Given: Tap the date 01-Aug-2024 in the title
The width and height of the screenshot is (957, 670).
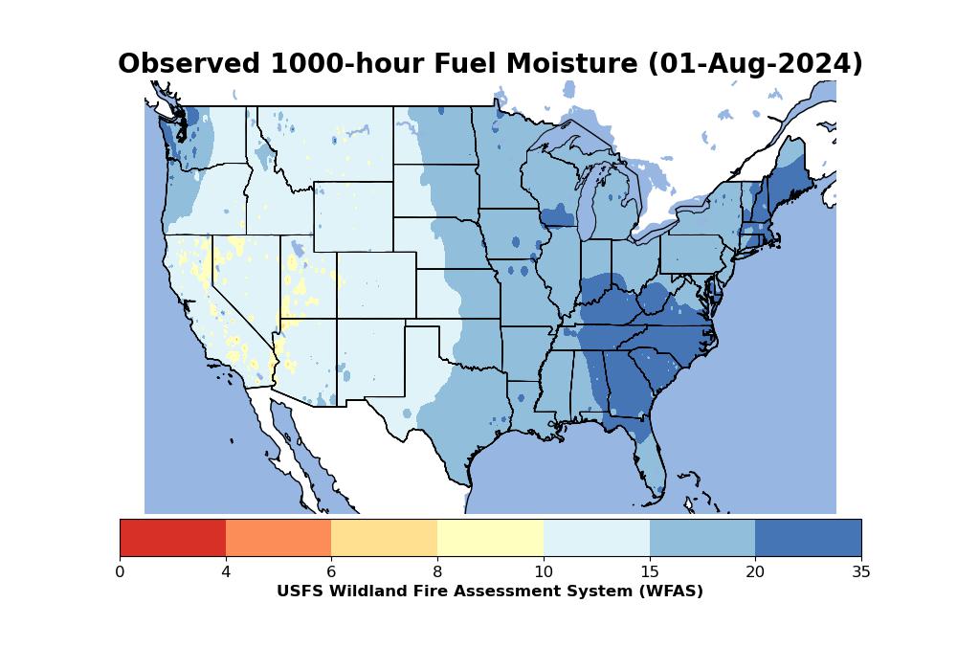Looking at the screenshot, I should pos(756,64).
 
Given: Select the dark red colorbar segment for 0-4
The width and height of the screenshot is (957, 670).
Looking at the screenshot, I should pos(172,537).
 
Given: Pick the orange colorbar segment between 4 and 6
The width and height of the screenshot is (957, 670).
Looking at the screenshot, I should pos(278,537).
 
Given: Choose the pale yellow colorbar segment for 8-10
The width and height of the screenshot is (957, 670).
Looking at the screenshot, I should pos(490,537).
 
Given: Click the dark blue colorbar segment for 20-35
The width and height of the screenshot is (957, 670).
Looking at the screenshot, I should pos(808,537).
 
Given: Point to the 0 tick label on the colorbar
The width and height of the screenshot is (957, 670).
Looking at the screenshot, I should pos(120,572).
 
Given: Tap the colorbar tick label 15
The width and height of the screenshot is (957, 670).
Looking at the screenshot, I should pos(649,572).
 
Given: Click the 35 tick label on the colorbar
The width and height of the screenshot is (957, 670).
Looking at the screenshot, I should pos(860,572).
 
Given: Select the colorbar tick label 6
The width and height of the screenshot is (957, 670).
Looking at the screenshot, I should pos(331,572).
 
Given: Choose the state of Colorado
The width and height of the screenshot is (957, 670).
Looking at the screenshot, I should pos(376,285).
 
